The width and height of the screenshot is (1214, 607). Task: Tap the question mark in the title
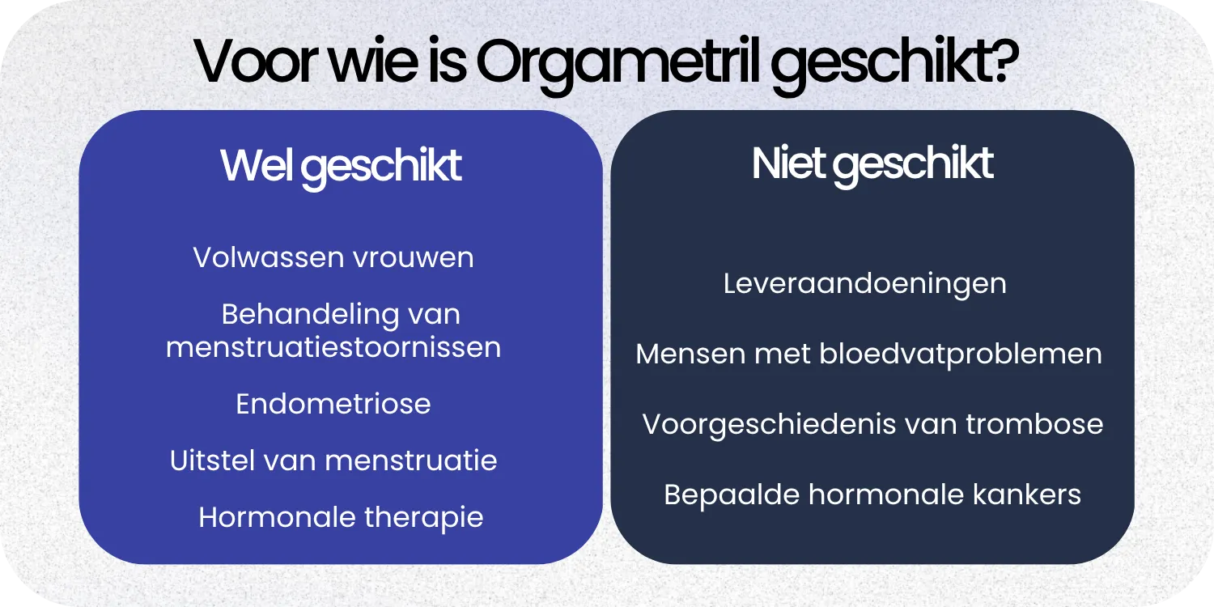tap(1002, 63)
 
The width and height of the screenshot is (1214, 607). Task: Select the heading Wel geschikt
tap(341, 167)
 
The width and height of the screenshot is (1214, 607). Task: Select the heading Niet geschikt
tap(872, 164)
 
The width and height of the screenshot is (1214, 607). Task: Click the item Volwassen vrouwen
tap(333, 257)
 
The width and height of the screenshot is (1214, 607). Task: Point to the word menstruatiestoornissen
tap(333, 347)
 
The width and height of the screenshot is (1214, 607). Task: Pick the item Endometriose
tap(333, 404)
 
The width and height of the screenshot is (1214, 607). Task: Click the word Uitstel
tap(210, 461)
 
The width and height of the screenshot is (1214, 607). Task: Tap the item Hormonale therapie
tap(341, 517)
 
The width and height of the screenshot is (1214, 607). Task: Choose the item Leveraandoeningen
tap(864, 283)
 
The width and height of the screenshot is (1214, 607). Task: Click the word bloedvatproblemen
tap(961, 354)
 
